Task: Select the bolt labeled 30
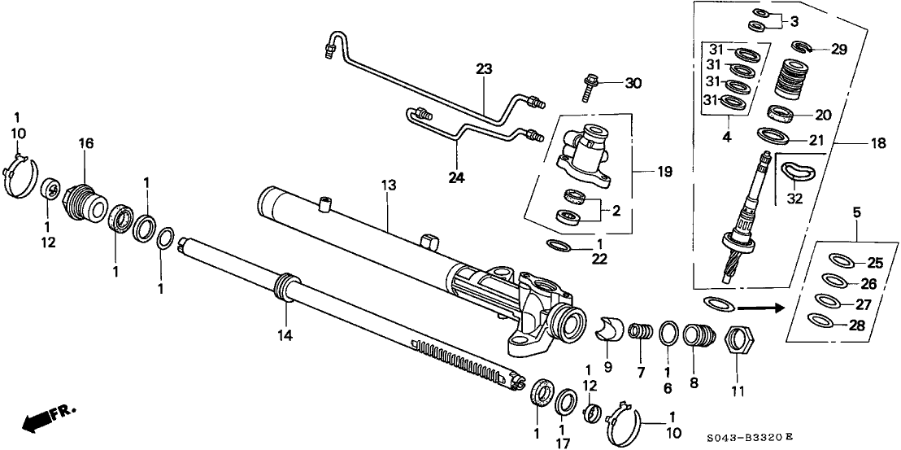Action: (x=589, y=85)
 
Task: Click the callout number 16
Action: (x=86, y=143)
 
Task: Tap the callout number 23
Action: (x=485, y=70)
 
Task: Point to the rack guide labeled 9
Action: (x=610, y=327)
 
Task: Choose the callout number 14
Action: (x=287, y=334)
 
